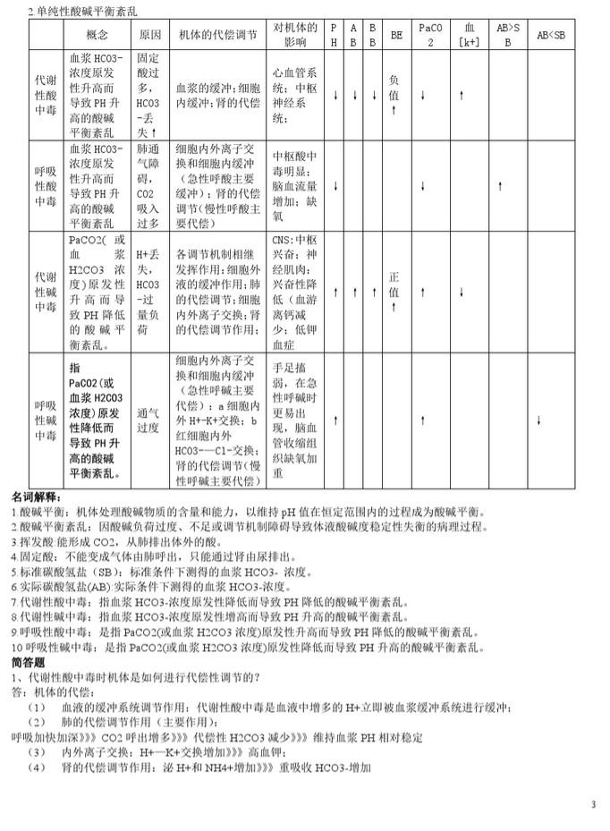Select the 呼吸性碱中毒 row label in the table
(45, 420)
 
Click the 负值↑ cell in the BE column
(394, 94)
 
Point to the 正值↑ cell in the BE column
(394, 292)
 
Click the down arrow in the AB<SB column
(538, 420)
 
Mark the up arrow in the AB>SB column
(500, 185)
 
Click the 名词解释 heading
(36, 496)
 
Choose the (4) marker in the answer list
(37, 767)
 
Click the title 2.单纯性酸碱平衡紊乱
(82, 12)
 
